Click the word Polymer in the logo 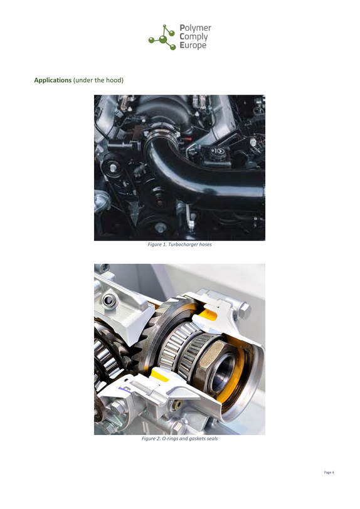point(195,28)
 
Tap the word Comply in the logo point(194,37)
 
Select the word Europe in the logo point(193,45)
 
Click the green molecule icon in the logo point(162,37)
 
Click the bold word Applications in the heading point(53,80)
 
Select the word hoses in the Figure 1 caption point(205,244)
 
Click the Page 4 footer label point(329,472)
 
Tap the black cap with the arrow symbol point(219,152)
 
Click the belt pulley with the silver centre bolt point(112,167)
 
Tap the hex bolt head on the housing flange point(245,311)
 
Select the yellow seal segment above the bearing point(208,314)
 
